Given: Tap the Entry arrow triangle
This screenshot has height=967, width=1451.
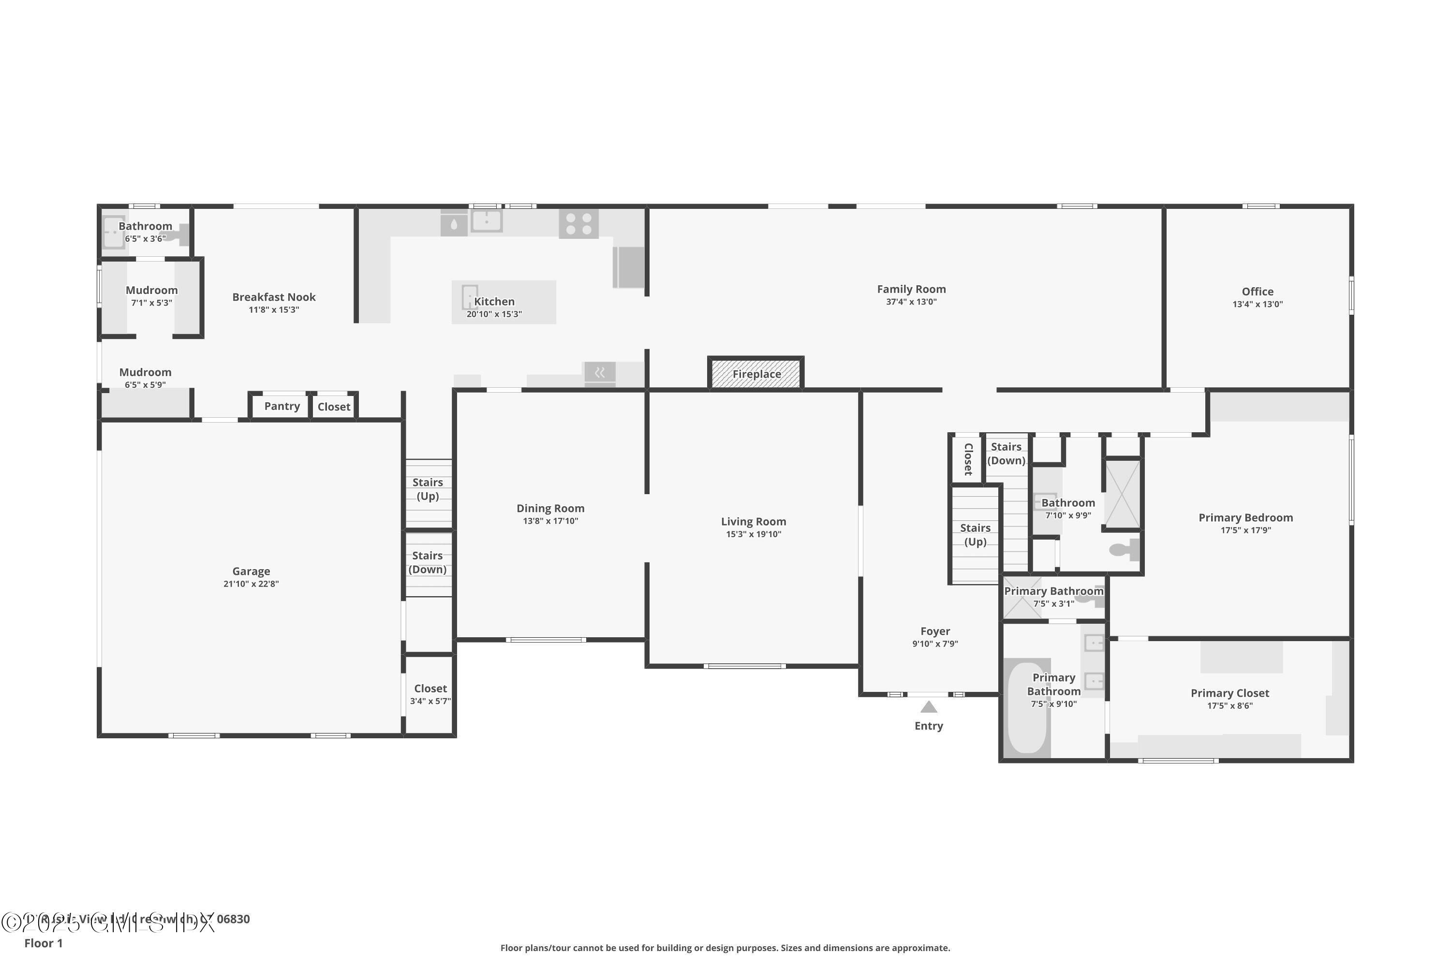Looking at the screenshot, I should pos(929,707).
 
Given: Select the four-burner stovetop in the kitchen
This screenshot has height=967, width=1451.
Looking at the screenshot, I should pos(578,224).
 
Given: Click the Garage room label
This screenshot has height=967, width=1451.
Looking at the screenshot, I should pos(251,571).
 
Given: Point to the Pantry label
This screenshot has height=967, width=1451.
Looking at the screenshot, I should pos(282,406).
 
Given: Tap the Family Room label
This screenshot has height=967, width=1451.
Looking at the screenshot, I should pos(911,289).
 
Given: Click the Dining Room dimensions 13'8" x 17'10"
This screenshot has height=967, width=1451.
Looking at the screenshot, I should pos(550,521).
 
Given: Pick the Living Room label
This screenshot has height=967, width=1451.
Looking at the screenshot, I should pos(753,522).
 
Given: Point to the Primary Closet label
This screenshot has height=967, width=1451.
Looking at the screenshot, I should pos(1229,693).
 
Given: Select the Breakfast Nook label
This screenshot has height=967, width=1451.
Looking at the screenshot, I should pos(274,297).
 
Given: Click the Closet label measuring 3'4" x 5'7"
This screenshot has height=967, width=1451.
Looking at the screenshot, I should pos(430,689).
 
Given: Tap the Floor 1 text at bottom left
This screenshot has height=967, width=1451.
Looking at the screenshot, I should pos(43,943).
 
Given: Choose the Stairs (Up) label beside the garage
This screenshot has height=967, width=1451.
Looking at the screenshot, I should pos(428,489).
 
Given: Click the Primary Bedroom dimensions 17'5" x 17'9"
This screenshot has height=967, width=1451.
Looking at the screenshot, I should pos(1245,530).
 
